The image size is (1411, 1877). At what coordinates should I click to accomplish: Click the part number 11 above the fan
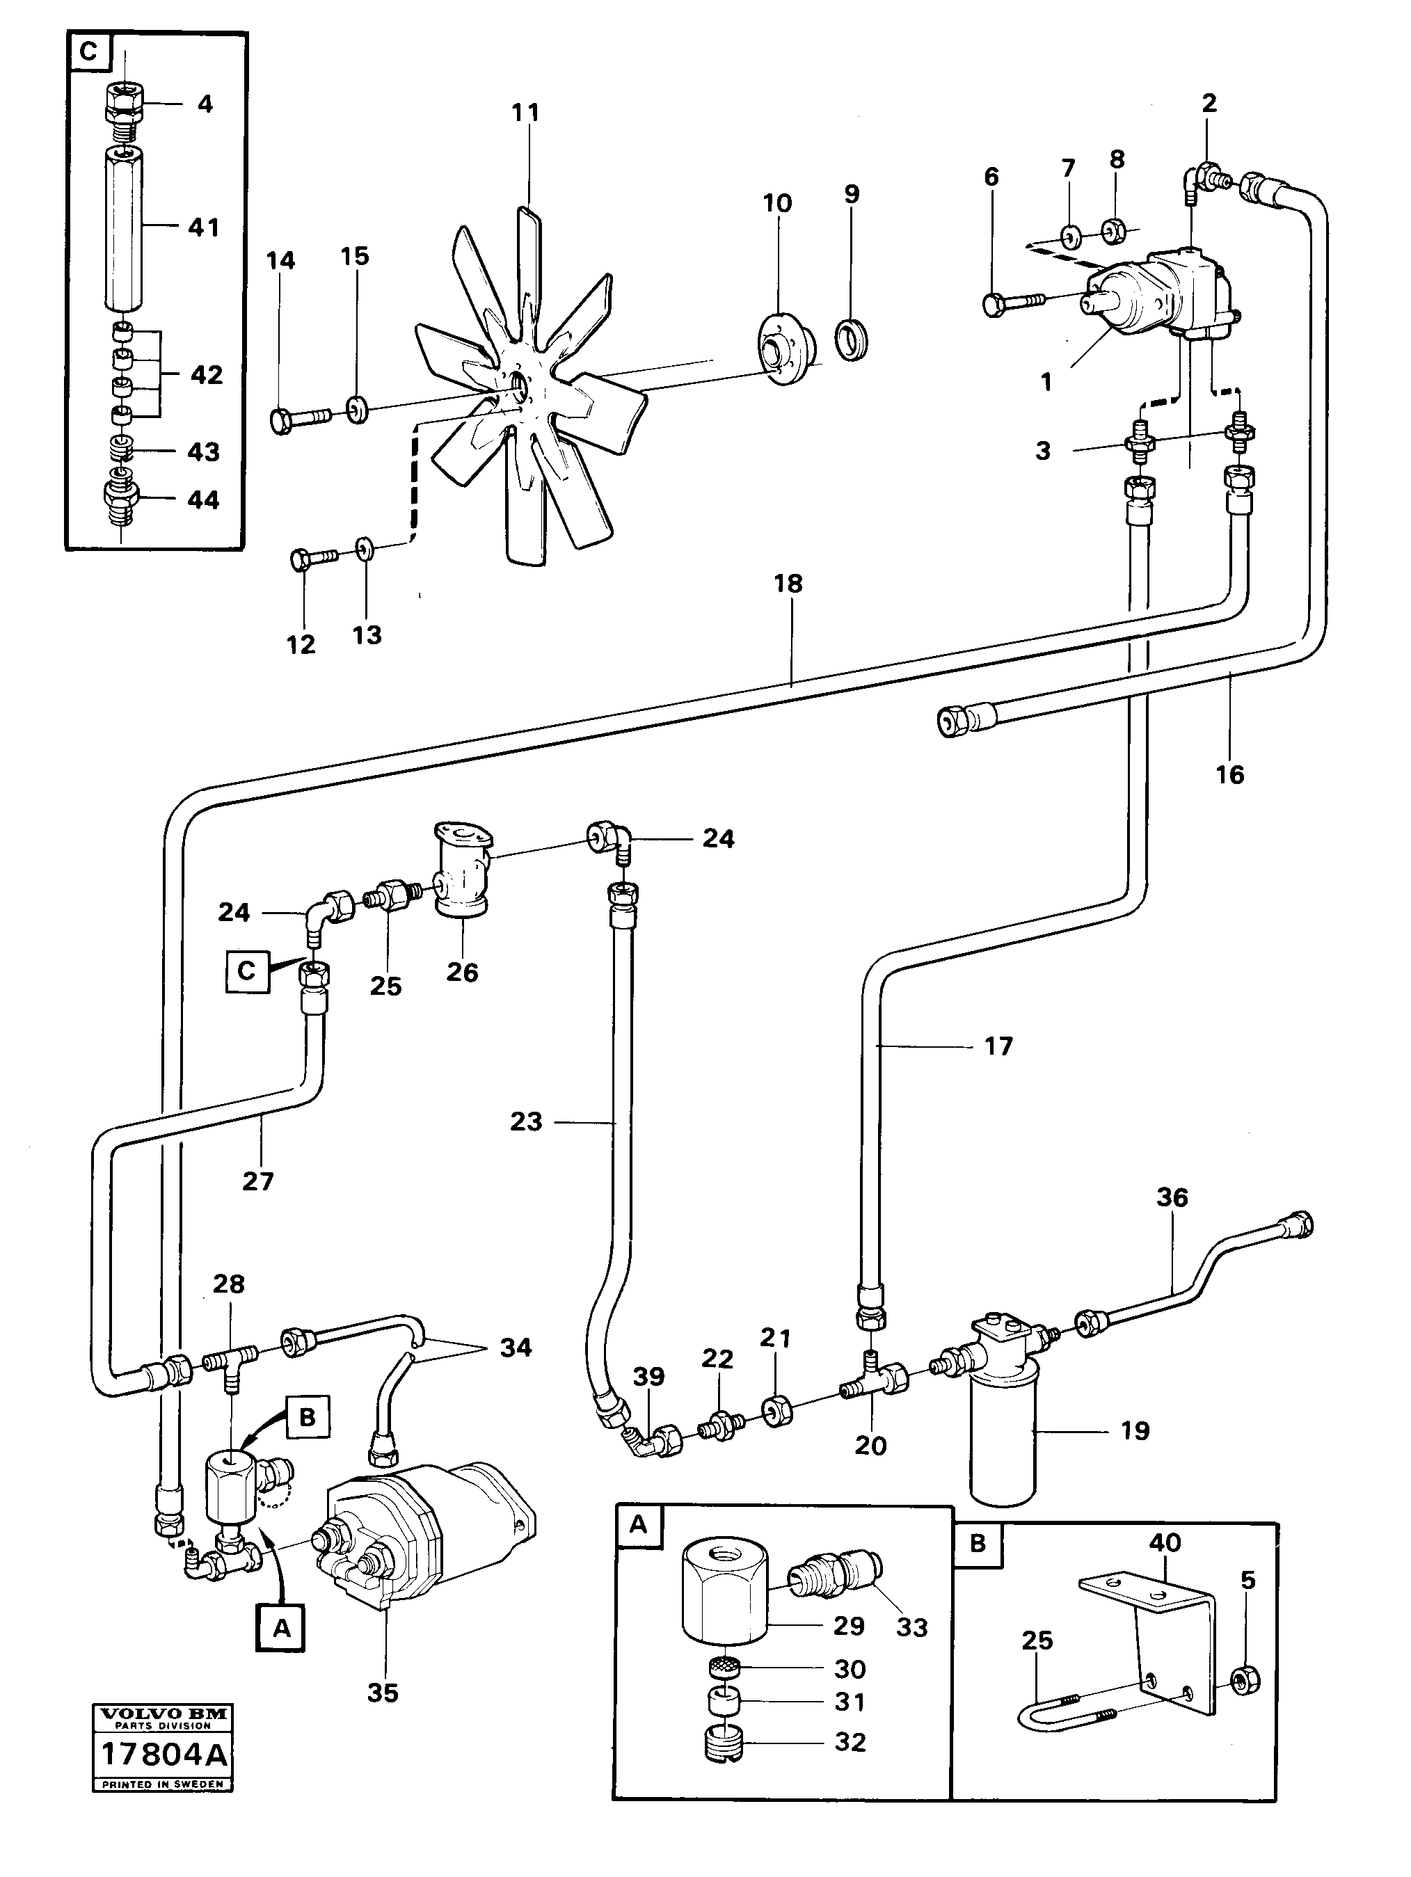(x=525, y=112)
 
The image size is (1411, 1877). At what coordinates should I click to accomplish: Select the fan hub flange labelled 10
(x=785, y=350)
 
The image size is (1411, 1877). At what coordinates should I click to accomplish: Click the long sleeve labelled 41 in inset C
(x=125, y=227)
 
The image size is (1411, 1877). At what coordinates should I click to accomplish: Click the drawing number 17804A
(x=163, y=1754)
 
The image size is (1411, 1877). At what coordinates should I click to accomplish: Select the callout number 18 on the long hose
(x=788, y=584)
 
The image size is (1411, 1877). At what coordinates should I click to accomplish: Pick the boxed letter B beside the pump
(x=307, y=1417)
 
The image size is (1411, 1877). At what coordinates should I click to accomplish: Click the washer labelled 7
(x=1069, y=233)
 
